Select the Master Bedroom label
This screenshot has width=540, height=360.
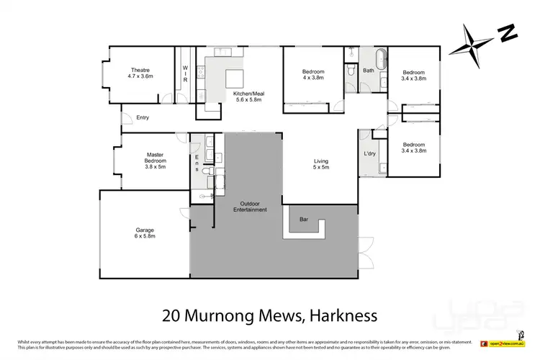click(156, 159)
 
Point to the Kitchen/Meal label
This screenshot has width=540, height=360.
click(246, 96)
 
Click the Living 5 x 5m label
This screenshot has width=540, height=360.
click(320, 164)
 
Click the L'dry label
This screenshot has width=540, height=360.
click(370, 154)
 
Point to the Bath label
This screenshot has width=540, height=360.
click(368, 71)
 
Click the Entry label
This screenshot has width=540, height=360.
click(142, 117)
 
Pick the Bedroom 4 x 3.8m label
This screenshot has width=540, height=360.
click(313, 76)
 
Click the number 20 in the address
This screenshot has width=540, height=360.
click(171, 315)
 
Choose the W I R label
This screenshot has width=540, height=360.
click(184, 74)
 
